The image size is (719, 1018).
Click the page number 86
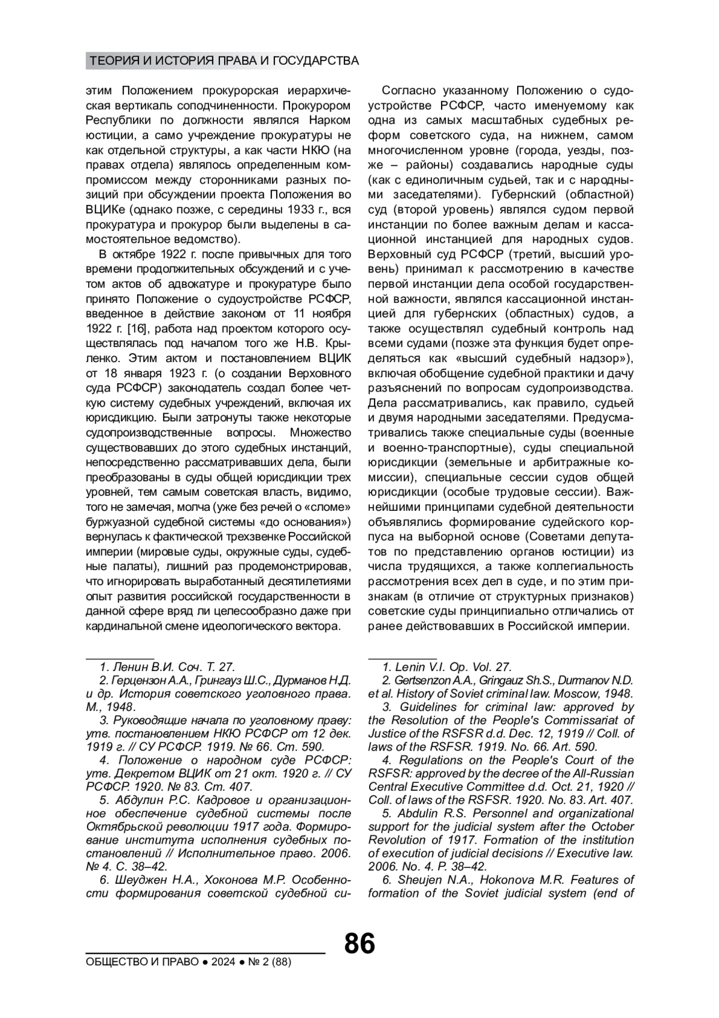pos(359,944)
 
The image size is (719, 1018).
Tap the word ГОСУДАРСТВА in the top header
pos(315,61)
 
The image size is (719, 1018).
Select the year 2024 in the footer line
pos(223,962)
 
